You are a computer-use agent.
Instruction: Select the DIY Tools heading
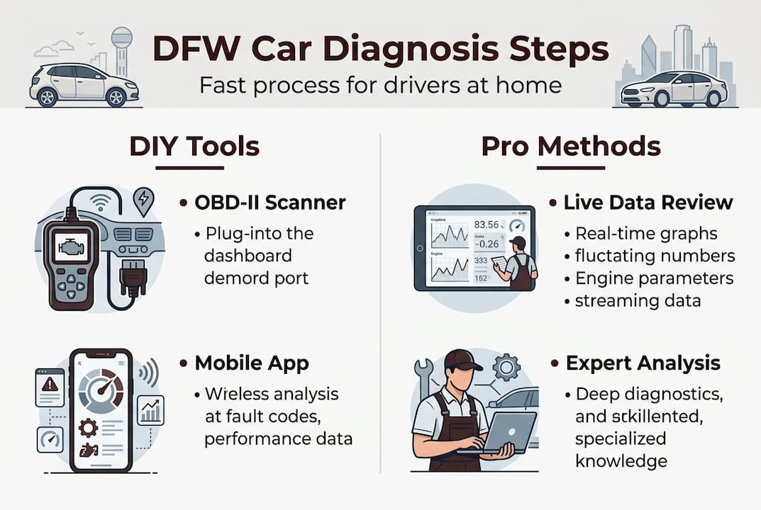pos(194,147)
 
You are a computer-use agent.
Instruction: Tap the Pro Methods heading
pos(570,147)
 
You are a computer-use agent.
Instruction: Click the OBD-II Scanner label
pos(270,203)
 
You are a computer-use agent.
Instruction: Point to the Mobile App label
pos(252,364)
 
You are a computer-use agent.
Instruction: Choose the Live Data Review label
pos(648,203)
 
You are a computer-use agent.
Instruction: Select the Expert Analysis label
pos(643,364)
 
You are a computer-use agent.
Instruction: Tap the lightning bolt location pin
pos(144,200)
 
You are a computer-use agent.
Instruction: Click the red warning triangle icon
pos(50,385)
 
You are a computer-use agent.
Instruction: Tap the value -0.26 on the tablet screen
pos(487,245)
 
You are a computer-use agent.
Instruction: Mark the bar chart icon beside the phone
pos(150,410)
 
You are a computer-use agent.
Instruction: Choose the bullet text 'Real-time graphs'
pos(646,234)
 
